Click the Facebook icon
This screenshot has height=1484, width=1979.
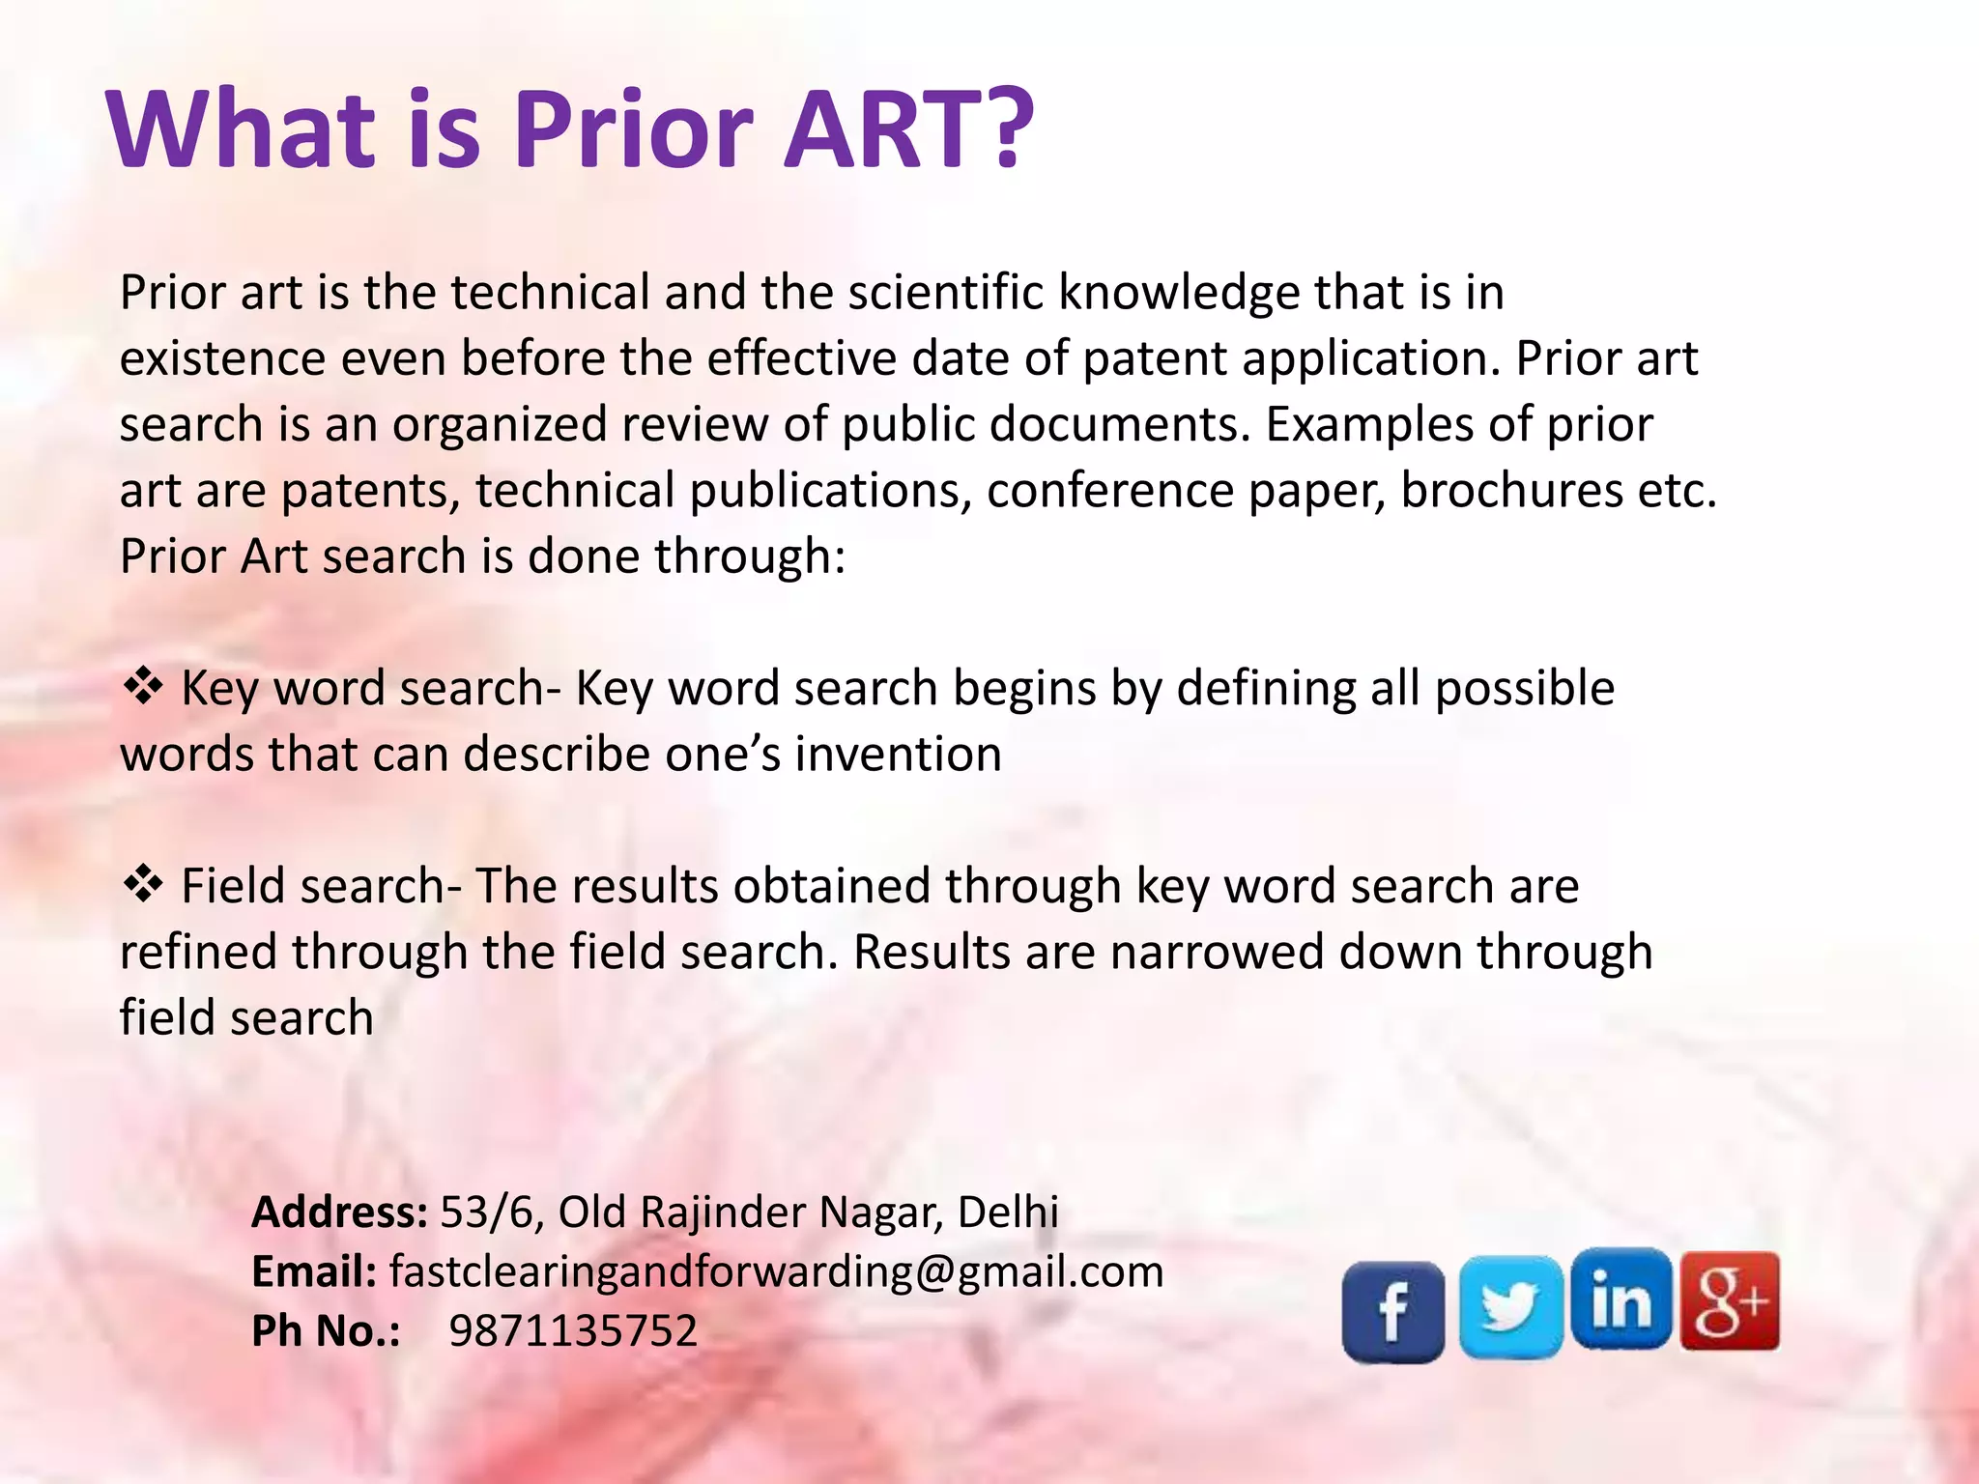1392,1311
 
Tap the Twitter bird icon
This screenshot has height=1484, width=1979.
1510,1306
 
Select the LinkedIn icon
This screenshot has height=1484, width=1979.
1620,1299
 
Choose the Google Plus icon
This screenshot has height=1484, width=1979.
1730,1300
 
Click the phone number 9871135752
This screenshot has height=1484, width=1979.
573,1330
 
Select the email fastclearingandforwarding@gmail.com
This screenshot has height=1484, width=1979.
776,1271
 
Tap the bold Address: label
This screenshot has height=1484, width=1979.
339,1212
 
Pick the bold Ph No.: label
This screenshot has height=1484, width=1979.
326,1330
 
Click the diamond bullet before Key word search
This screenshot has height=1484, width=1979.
143,687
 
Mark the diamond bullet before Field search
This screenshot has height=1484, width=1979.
143,884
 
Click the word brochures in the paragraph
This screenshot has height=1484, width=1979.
1511,490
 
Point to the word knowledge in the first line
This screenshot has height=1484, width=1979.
1178,292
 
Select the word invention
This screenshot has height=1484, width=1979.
898,754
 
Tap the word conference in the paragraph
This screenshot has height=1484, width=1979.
1110,490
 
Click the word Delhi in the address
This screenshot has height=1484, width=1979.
1008,1212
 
